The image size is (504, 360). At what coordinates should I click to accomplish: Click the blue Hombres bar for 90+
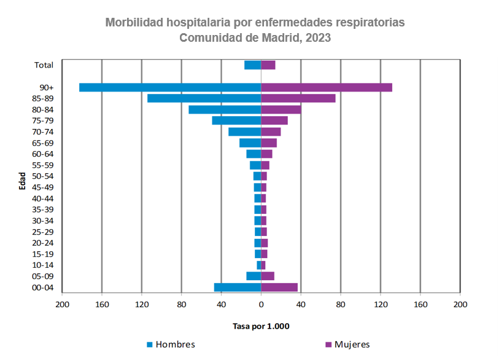coord(170,87)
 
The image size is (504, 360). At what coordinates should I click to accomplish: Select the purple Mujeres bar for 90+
coord(327,87)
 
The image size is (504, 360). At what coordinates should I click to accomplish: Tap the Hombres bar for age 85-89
coord(204,98)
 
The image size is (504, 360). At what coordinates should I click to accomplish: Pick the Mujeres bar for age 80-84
coord(281,109)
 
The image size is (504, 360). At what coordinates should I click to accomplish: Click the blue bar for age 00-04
coord(238,287)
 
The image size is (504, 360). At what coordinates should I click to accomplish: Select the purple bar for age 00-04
coord(279,287)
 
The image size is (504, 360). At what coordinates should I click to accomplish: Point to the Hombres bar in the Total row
coord(253,65)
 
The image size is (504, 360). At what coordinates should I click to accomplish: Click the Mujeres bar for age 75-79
coord(274,120)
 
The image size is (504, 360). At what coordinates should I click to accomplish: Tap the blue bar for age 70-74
coord(245,131)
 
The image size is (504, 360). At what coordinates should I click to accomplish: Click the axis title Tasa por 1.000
coord(261,326)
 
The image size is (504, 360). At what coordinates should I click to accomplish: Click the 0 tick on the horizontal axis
coord(261,304)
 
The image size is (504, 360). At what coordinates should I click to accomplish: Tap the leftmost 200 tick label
coord(62,304)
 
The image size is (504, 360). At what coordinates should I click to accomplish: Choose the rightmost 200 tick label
coord(460,304)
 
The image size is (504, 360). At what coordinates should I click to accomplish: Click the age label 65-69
coord(42,143)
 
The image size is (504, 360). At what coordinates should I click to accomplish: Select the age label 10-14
coord(42,265)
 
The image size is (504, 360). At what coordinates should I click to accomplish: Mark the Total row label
coord(44,65)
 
